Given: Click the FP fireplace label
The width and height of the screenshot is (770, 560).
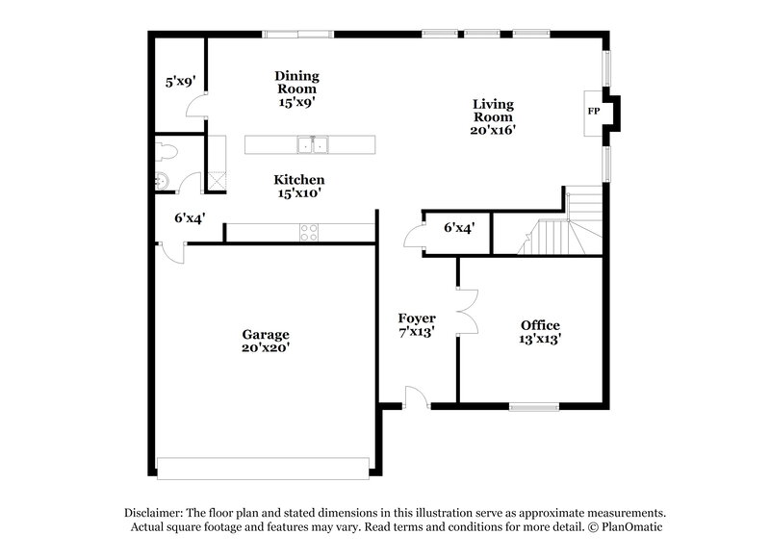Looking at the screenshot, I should [594, 112].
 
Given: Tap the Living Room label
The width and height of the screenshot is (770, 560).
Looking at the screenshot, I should [493, 116].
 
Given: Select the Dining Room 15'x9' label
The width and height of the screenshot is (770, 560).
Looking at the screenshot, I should [296, 88].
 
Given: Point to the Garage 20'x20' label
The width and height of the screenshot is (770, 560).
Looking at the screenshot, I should [266, 342].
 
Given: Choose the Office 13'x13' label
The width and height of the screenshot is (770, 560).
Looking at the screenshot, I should [540, 332].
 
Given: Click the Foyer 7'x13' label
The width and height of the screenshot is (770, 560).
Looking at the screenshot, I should [417, 325].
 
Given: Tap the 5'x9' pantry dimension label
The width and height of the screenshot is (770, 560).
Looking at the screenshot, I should [180, 83].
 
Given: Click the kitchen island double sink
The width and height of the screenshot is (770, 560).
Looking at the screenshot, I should [313, 145].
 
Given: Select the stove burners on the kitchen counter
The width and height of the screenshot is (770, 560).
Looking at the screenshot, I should [311, 231].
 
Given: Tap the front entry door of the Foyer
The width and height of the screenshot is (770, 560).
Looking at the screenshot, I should [416, 396].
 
